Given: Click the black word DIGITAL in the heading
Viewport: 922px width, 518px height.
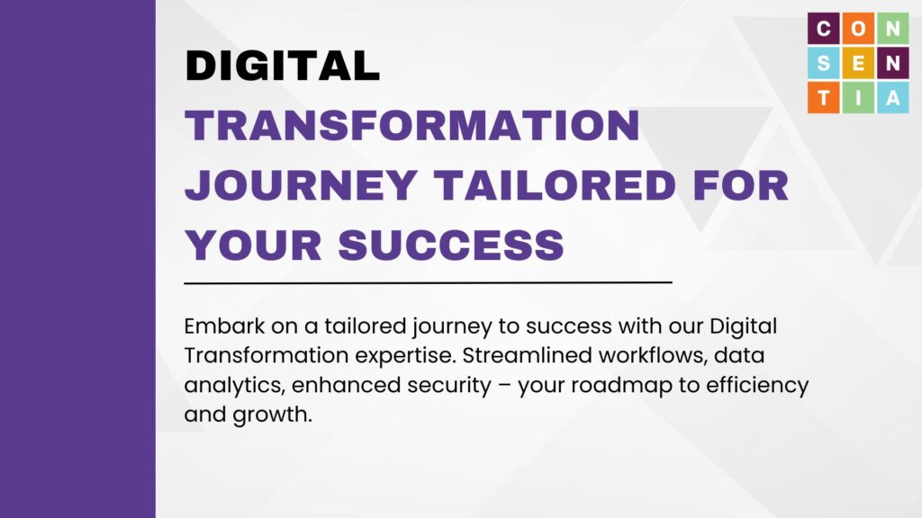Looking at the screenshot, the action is [x=282, y=65].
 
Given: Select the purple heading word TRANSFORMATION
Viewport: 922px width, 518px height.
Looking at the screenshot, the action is [x=412, y=125].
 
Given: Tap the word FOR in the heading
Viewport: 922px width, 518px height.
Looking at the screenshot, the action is [x=740, y=185].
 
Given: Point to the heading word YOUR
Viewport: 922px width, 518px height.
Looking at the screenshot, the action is [x=253, y=245].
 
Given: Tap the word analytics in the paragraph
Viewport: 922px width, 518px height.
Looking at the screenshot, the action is [x=234, y=385].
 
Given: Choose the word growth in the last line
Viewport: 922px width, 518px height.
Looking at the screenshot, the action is [x=272, y=415].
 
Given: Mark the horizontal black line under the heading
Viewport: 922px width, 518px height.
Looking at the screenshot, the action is [x=428, y=282].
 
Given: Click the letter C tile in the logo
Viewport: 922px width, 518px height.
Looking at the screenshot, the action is [x=824, y=28].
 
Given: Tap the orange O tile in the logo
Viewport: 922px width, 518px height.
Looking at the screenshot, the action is [x=858, y=28].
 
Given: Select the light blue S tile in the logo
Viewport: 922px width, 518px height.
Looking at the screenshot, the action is [x=824, y=63].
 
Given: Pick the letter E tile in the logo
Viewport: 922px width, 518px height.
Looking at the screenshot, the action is [x=858, y=63].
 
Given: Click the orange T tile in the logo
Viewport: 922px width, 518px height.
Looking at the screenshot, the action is [x=824, y=97].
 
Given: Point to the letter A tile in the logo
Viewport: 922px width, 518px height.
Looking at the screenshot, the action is [x=893, y=97].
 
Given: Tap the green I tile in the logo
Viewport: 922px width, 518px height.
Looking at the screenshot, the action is [x=858, y=97].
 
